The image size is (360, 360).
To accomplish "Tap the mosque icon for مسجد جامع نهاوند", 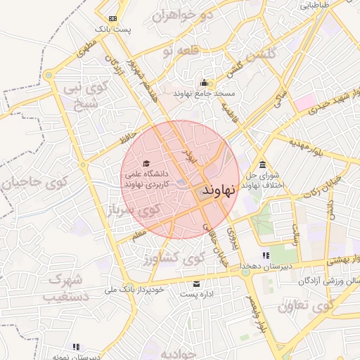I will pyautogui.click(x=204, y=82).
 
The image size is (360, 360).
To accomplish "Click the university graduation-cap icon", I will pyautogui.click(x=146, y=164).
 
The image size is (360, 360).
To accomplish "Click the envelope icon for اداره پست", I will pyautogui.click(x=196, y=283).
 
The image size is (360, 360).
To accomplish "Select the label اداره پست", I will pyautogui.click(x=198, y=294).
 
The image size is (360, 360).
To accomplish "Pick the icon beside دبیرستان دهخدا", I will pyautogui.click(x=266, y=255).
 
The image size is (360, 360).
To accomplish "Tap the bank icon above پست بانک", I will pyautogui.click(x=113, y=18).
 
